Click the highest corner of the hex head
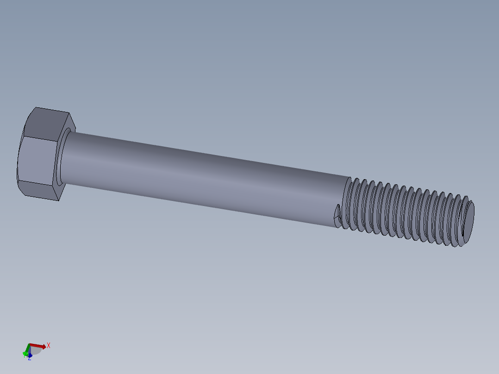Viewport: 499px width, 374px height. point(36,107)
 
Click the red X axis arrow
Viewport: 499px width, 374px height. point(39,346)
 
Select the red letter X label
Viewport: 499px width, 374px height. point(48,345)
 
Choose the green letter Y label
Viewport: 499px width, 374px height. point(24,355)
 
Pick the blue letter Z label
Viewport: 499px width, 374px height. point(30,359)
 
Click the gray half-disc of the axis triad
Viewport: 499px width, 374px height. point(36,351)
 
